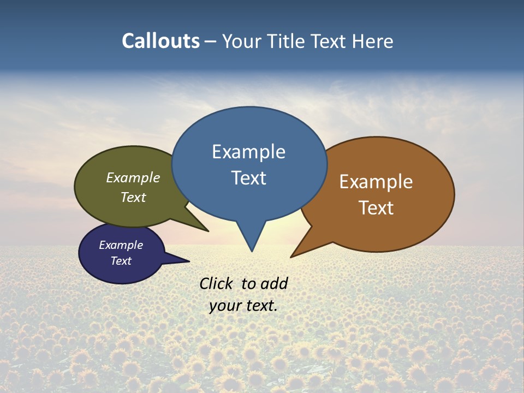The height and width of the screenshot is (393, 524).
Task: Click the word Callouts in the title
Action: tap(160, 41)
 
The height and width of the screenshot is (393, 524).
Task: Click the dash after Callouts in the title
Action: tap(210, 41)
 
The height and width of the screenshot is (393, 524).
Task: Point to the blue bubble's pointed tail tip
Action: tap(252, 251)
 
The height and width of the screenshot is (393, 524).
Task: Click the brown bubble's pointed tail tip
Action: tap(291, 257)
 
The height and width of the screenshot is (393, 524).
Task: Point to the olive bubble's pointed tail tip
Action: tap(208, 231)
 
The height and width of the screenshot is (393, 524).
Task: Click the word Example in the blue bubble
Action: tap(249, 152)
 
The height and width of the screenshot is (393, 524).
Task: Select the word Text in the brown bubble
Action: tap(377, 208)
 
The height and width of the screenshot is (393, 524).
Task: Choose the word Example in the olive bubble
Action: tap(133, 177)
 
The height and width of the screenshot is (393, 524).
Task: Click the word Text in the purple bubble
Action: tap(121, 261)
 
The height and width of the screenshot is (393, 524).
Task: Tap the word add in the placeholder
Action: tap(274, 283)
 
